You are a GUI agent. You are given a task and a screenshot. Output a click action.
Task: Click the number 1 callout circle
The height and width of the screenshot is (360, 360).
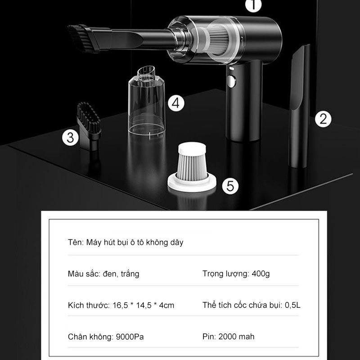(253, 4)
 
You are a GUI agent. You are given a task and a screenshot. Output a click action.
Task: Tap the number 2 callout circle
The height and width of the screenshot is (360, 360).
(323, 119)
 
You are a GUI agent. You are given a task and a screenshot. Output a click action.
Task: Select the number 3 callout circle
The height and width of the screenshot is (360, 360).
(70, 138)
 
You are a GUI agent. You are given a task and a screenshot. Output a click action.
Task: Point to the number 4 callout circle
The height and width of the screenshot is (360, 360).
(176, 103)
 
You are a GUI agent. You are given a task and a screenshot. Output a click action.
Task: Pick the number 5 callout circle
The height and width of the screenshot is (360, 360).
(230, 186)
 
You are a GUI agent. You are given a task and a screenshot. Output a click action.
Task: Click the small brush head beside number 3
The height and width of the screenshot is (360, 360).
(89, 126)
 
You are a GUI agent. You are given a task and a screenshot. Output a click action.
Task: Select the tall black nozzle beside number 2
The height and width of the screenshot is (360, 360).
(299, 106)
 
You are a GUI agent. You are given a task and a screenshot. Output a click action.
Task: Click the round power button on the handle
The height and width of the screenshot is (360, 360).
(231, 81)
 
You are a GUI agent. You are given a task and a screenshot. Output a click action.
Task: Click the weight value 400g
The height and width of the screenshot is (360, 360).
(261, 274)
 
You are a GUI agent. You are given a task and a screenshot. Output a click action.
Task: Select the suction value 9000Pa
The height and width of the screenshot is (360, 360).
(130, 337)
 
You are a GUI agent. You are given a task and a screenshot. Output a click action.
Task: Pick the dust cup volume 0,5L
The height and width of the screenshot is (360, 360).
(292, 305)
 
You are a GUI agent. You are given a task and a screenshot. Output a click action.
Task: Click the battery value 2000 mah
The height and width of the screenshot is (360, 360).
(236, 337)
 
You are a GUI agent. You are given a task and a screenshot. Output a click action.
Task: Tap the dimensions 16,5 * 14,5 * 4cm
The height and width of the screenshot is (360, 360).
(143, 306)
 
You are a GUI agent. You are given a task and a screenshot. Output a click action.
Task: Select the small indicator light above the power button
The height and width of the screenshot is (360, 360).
(231, 68)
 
